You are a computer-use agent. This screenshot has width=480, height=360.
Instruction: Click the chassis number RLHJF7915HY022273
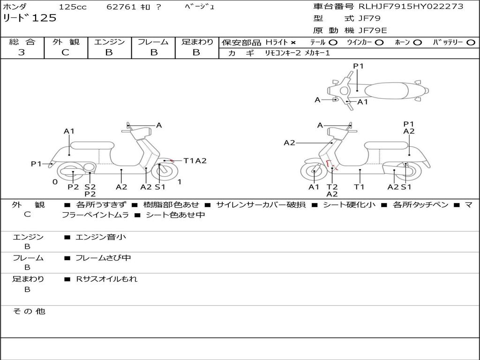pos(411,7)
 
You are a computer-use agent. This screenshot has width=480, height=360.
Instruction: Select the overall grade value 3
pos(22,52)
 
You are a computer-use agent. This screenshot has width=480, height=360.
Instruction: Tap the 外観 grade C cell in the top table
pos(65,52)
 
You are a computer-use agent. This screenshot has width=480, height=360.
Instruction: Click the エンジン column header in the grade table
pos(109,42)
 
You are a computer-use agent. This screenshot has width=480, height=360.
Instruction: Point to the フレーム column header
pos(153,42)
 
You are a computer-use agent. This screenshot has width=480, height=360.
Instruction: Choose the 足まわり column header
pos(197,42)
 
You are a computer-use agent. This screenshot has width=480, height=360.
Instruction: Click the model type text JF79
pos(369,19)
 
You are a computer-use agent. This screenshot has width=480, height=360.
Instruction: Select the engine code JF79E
pos(373,31)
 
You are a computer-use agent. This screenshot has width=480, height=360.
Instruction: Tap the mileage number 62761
pos(121,7)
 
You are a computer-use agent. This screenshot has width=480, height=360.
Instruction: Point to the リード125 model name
pos(30,18)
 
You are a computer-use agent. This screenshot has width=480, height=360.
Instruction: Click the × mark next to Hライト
pos(293,42)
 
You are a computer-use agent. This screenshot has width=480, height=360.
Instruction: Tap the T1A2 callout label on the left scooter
pos(195,161)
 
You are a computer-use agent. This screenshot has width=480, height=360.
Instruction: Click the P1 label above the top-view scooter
pos(358,66)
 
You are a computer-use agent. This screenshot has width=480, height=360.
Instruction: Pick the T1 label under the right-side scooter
pos(359,187)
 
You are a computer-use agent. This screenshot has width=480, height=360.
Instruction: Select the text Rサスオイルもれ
pos(107,279)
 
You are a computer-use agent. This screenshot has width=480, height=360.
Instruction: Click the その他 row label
pos(29,311)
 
